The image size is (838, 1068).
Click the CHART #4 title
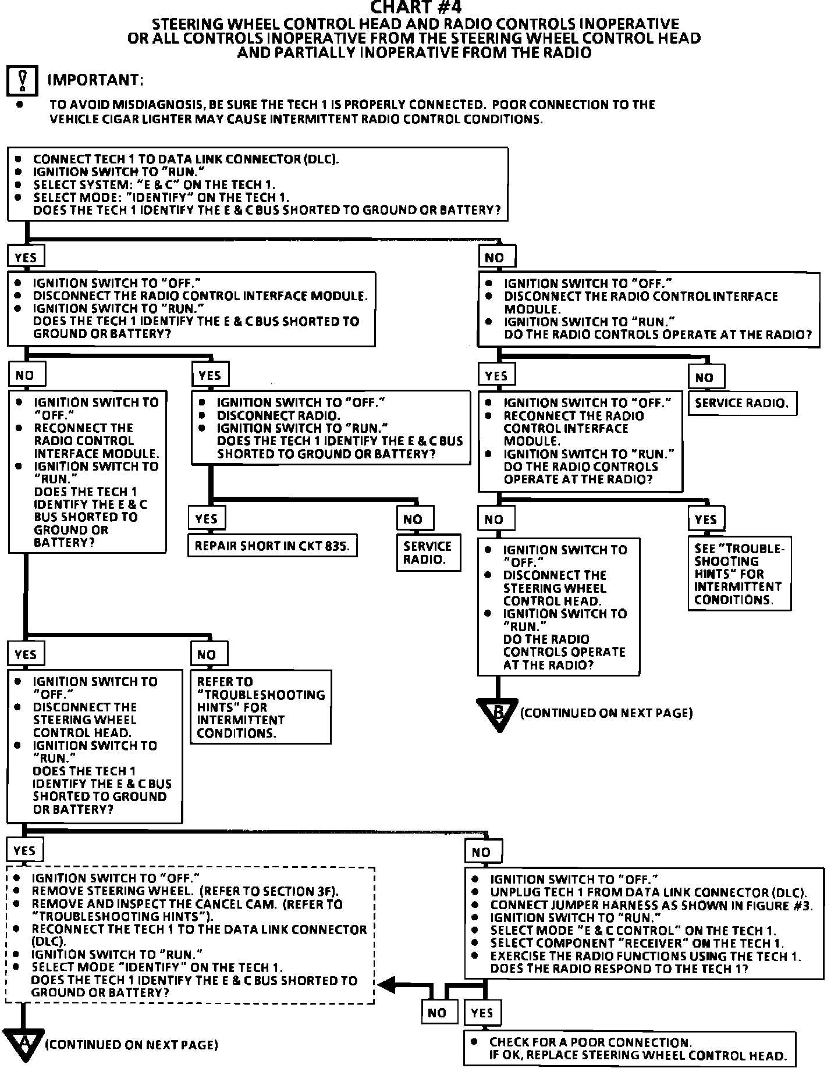[417, 8]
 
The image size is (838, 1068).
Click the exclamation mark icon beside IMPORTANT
[22, 81]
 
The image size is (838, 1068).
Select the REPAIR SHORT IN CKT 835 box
[272, 546]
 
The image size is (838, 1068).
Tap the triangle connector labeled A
[24, 1044]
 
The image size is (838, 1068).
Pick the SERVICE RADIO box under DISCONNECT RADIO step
[428, 553]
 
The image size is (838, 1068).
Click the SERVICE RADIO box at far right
[742, 403]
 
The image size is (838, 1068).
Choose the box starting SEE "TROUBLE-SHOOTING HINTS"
[740, 574]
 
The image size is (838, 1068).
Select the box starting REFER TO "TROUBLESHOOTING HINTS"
[261, 707]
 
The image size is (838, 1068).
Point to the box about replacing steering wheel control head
[630, 1049]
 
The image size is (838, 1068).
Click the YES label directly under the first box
[26, 257]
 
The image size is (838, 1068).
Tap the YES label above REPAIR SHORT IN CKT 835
[207, 518]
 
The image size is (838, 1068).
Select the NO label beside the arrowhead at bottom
[437, 1013]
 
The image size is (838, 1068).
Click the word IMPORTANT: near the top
[95, 80]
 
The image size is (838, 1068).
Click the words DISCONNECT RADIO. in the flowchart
[278, 415]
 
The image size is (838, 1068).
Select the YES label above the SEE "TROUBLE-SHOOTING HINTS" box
[706, 519]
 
